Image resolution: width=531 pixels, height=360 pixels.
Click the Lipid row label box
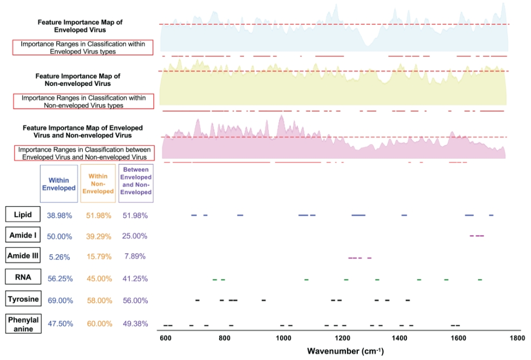coord(22,215)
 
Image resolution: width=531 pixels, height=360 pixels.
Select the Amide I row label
coord(22,236)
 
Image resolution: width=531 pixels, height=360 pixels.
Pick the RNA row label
coord(22,278)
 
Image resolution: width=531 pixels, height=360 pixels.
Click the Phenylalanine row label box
coord(22,324)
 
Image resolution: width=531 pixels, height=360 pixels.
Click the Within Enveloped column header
coord(59,184)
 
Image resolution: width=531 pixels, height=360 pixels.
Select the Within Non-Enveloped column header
coord(98,184)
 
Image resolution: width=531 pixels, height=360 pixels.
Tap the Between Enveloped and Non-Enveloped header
coord(136,184)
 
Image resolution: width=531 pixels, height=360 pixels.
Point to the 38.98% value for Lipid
coord(59,215)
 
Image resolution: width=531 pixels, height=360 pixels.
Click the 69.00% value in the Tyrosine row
coord(59,300)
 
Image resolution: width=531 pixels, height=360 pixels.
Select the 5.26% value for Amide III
coord(59,257)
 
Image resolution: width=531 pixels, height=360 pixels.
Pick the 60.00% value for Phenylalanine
coord(98,324)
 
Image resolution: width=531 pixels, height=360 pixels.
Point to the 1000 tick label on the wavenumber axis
coord(283,338)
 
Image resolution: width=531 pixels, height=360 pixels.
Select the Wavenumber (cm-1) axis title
coord(345,351)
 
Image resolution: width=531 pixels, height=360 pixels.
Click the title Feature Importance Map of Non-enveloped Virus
coord(78,80)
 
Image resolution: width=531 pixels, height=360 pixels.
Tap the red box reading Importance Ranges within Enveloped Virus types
coord(83,47)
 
